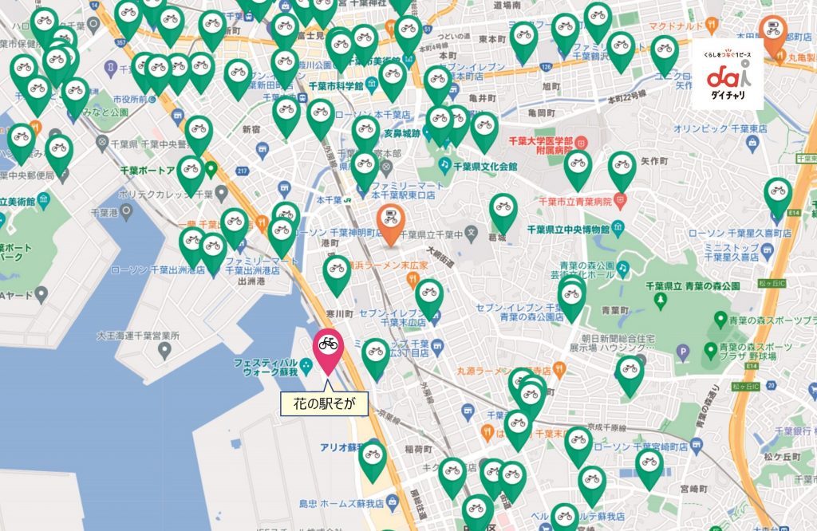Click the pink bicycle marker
(x=327, y=348)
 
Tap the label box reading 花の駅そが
(x=324, y=405)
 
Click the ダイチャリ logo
(x=727, y=75)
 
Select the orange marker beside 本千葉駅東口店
(x=390, y=221)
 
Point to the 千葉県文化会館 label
(x=485, y=167)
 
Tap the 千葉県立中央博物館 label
(x=568, y=230)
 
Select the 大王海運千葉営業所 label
(x=138, y=335)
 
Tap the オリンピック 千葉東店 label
(x=720, y=128)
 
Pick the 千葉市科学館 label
(x=336, y=85)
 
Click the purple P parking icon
(x=682, y=350)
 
